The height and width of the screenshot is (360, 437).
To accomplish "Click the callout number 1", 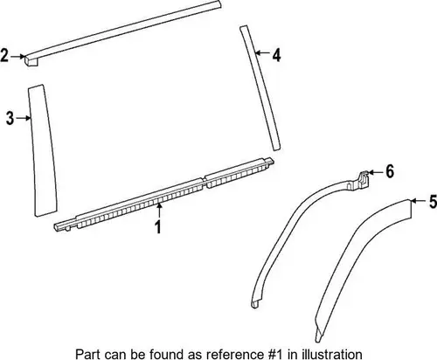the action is [158, 227].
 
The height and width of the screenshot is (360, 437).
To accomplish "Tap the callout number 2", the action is [4, 55].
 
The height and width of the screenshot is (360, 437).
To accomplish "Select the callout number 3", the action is [10, 118].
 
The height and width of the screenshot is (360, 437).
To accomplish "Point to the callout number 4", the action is [276, 55].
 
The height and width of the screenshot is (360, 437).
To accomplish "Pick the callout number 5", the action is [434, 202].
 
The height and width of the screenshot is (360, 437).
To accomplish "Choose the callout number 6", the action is [390, 171].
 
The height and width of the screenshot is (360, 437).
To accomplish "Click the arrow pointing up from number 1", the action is [159, 211].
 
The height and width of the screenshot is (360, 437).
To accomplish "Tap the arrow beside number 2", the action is [17, 56].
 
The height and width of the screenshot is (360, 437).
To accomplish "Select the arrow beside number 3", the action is [24, 118].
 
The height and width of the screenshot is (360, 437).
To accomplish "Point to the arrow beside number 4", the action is [263, 53].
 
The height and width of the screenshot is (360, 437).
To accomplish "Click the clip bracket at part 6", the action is [361, 179].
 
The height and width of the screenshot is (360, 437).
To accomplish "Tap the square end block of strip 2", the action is [31, 60].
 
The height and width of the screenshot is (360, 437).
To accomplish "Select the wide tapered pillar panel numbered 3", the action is [42, 150].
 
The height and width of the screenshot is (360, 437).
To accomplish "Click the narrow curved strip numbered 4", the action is [260, 87].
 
